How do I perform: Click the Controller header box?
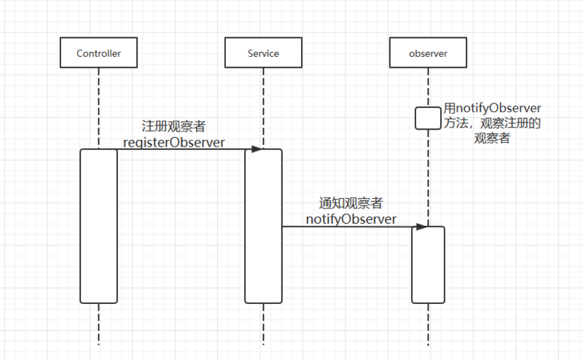point(98,53)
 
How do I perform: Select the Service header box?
point(262,53)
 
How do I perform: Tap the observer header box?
point(428,53)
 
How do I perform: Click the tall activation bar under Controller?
point(98,226)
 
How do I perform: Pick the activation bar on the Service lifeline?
point(263,226)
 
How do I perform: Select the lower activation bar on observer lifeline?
point(428,265)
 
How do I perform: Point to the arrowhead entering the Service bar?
point(257,149)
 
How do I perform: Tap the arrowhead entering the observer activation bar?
point(421,227)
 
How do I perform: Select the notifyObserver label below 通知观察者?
point(351,219)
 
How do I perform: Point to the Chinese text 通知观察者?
point(351,203)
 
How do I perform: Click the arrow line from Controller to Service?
point(182,149)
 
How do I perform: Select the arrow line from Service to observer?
point(346,227)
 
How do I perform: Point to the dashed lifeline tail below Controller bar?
point(98,324)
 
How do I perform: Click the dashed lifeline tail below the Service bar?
point(263,324)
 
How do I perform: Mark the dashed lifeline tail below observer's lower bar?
point(428,324)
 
